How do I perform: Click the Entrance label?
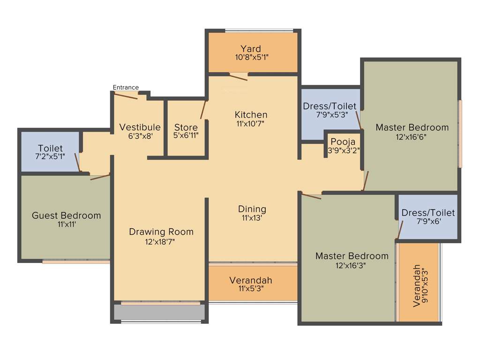126,87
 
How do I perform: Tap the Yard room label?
251,49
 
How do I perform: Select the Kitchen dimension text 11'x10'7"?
251,124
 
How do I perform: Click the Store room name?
186,127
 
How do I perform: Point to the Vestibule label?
140,127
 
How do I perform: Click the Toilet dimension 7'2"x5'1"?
50,157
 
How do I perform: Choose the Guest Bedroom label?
66,216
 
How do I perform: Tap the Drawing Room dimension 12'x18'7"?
161,241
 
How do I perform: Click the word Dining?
252,209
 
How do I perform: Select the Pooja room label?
343,142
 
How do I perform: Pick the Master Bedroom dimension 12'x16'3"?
352,265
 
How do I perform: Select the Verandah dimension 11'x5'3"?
251,289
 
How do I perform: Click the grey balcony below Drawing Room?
159,312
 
